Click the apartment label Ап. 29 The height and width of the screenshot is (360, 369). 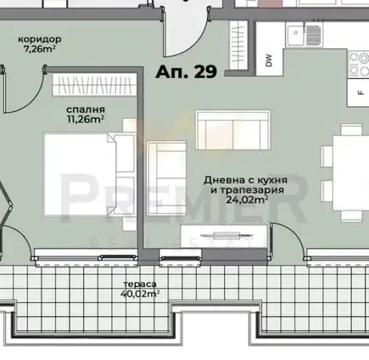tap(187, 71)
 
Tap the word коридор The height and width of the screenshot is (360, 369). tap(40, 39)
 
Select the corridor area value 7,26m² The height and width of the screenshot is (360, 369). tap(40, 48)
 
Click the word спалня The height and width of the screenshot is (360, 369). tap(86, 110)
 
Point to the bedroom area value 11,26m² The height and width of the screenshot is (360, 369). tap(86, 119)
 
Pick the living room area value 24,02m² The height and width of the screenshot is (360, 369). tap(247, 200)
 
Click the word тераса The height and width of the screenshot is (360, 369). tap(140, 284)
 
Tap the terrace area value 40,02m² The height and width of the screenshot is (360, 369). tap(140, 294)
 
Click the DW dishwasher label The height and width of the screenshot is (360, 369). tap(269, 60)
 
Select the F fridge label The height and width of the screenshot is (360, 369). tap(361, 93)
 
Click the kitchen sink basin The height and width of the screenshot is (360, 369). tap(296, 34)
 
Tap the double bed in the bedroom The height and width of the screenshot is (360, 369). tap(80, 174)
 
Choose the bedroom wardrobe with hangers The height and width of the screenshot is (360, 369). tap(92, 85)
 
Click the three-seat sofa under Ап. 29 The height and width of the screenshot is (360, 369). tap(232, 130)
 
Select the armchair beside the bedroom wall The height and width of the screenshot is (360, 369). tap(167, 178)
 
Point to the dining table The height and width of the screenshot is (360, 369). tap(351, 173)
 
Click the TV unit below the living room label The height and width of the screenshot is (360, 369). tap(224, 234)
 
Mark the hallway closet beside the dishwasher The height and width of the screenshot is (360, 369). tap(238, 45)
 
